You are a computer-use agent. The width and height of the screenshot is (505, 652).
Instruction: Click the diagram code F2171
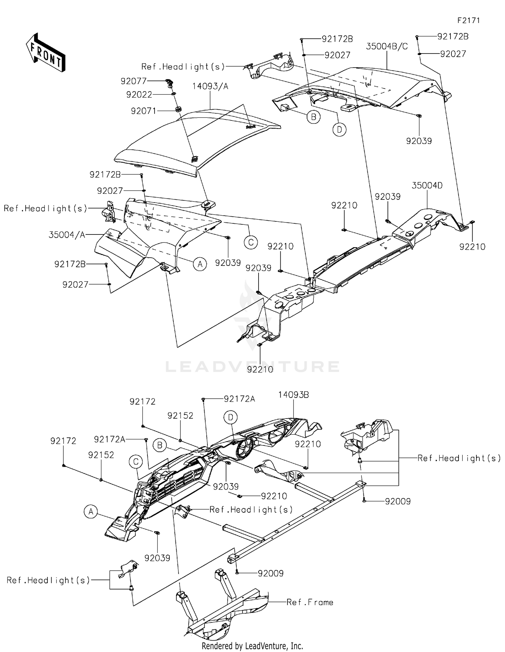(468, 20)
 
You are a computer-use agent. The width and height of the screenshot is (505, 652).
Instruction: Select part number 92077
(134, 81)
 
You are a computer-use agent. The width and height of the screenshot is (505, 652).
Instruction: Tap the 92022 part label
(139, 95)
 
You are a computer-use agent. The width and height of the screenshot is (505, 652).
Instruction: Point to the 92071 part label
(144, 111)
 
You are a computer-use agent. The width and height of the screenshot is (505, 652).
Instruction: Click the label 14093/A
(210, 86)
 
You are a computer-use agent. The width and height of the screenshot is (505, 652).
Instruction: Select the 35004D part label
(427, 185)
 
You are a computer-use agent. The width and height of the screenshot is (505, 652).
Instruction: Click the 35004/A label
(67, 235)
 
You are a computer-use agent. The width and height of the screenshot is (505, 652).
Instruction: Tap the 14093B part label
(293, 395)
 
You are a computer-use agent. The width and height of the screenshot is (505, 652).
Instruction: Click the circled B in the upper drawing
(313, 117)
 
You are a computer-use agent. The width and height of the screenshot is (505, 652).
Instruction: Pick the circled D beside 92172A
(231, 417)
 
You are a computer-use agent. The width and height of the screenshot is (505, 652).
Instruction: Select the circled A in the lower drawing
(91, 512)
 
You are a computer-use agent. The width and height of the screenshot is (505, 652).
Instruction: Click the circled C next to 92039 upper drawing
(251, 242)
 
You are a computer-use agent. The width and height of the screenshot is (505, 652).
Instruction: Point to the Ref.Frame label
(310, 602)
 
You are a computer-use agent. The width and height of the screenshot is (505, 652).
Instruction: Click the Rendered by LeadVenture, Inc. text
(252, 646)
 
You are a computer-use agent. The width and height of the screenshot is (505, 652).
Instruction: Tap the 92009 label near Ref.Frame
(270, 573)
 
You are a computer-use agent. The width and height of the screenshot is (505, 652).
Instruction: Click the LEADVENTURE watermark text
(252, 366)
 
